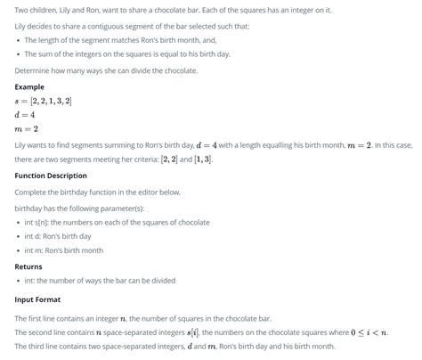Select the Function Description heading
pos(51,176)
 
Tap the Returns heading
pos(28,266)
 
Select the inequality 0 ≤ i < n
pos(368,331)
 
